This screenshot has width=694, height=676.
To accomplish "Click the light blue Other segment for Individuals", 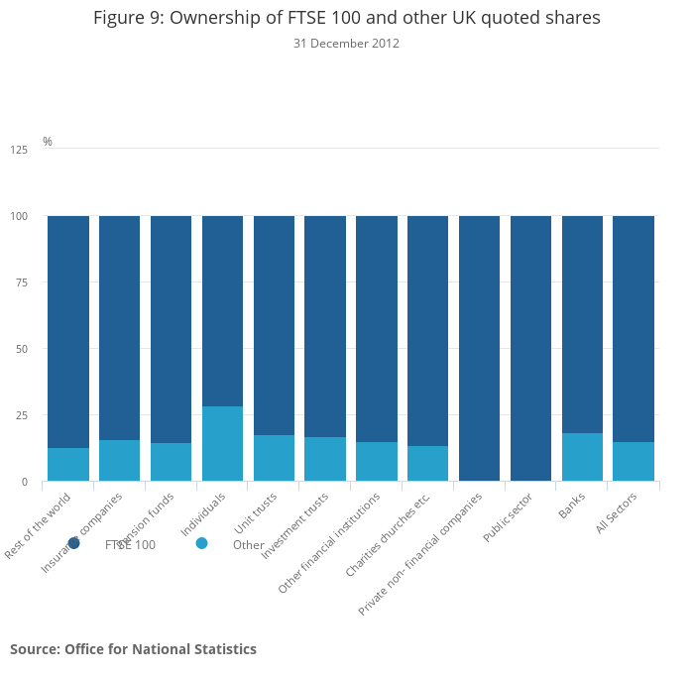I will [222, 443].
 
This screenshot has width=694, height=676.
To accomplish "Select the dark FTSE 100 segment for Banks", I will [582, 324].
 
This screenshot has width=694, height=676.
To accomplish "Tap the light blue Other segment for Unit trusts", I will [274, 458].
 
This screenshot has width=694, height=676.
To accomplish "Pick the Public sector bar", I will [530, 348].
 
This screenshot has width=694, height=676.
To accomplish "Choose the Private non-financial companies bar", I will [479, 348].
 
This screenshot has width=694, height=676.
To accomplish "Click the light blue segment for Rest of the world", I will [68, 464].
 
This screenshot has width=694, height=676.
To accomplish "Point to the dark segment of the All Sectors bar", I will [634, 328].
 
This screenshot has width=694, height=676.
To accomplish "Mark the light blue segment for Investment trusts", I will [325, 459].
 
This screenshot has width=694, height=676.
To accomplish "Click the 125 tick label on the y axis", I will [19, 150].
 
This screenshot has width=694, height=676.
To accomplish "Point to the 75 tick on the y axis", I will [22, 282].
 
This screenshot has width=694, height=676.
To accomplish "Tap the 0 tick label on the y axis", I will [25, 482].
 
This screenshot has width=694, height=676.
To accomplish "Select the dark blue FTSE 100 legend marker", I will [73, 543].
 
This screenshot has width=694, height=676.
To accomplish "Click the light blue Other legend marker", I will [201, 543].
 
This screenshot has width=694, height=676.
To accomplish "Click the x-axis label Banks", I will [572, 507].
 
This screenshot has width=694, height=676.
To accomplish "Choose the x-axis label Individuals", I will [204, 513].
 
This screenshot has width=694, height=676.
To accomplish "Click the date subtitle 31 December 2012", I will [346, 44].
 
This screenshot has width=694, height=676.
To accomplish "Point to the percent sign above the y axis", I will [47, 142].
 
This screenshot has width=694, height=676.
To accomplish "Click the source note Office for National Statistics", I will [133, 649].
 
